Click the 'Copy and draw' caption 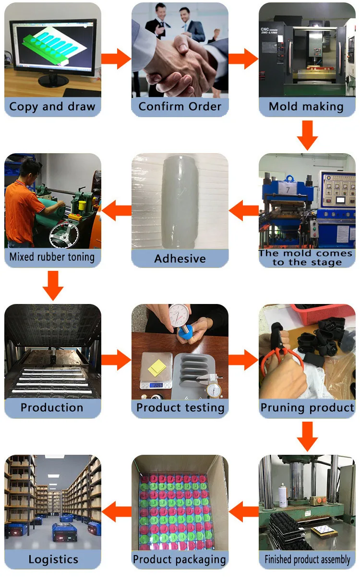pos(52,107)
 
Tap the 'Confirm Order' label pos(180,107)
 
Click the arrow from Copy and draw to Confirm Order pos(116,59)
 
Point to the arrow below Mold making pos(307,135)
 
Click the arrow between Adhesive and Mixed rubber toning pos(116,210)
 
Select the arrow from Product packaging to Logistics pos(116,511)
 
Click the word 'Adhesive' pos(180,259)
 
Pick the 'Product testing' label pos(180,408)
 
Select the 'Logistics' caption pos(53,559)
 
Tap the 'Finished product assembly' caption pos(307,559)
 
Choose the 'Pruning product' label pos(307,408)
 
